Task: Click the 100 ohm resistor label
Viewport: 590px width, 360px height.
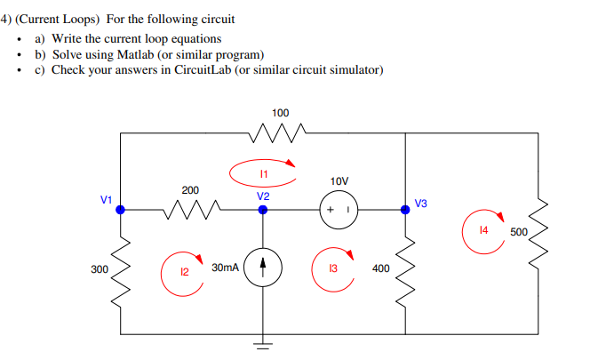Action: [280, 114]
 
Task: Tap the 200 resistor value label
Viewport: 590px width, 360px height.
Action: [190, 190]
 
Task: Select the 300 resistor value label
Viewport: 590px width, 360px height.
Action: [99, 268]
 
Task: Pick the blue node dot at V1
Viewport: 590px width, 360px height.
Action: [121, 210]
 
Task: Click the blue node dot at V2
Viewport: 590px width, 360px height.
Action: [263, 210]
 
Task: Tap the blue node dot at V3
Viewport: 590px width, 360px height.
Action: [405, 210]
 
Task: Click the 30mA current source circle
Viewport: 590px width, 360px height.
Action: [263, 267]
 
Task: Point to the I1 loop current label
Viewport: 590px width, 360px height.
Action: [264, 172]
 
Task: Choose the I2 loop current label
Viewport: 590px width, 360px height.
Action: [185, 272]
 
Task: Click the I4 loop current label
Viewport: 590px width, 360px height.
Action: [483, 230]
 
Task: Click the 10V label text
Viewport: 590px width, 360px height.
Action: [339, 181]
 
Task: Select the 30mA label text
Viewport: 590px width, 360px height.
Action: [225, 267]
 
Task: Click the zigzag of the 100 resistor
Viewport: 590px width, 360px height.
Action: [280, 133]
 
